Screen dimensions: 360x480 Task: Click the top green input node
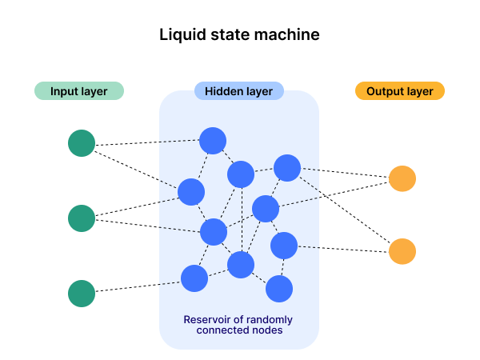[82, 143]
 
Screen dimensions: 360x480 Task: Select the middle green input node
[82, 218]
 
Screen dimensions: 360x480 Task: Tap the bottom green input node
[82, 294]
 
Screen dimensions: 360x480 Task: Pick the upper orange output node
[402, 178]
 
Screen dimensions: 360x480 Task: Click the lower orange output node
[402, 251]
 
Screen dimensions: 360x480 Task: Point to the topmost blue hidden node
[213, 141]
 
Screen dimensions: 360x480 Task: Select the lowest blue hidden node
[279, 289]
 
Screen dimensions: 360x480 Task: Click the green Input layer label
[78, 91]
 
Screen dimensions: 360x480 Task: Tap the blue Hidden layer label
[238, 91]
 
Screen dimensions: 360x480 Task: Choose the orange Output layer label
[399, 91]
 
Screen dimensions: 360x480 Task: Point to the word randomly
[270, 320]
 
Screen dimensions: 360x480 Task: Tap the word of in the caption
[240, 320]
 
